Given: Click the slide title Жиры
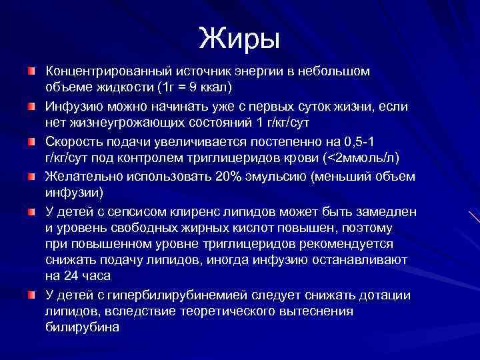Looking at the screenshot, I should tap(239, 38).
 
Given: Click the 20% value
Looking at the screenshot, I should tap(233, 177).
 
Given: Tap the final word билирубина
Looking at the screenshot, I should tap(82, 327).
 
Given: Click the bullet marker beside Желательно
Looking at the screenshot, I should tap(31, 177).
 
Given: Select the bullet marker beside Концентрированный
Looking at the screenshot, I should tap(31, 71).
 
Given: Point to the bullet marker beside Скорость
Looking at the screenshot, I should tap(31, 141).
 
